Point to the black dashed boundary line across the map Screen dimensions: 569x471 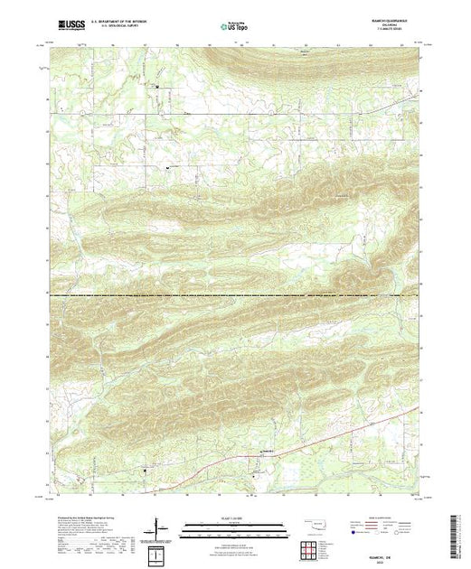(235, 295)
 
